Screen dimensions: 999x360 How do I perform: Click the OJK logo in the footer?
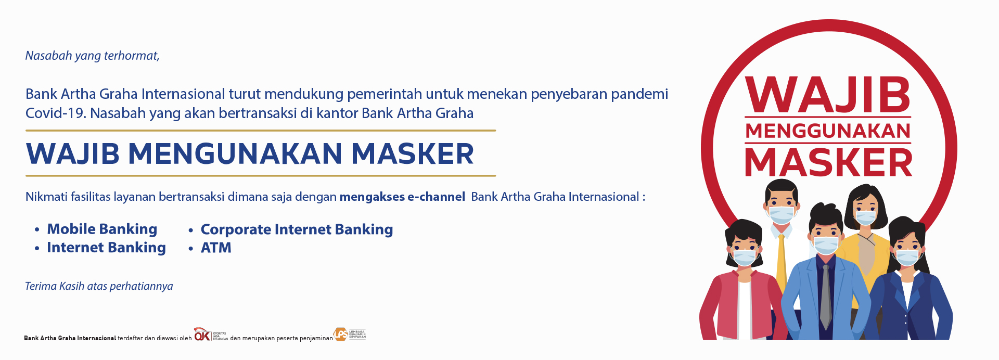211,335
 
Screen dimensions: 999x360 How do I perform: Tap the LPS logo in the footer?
350,335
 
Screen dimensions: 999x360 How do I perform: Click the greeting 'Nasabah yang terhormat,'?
93,56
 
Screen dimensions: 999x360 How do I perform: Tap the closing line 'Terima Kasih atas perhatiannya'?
99,286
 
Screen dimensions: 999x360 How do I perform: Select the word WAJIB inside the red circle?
828,95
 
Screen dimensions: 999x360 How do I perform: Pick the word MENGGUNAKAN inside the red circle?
828,131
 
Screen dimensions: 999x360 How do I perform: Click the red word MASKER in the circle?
828,162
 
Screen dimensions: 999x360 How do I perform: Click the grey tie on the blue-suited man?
826,297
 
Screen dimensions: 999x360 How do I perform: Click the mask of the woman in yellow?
866,217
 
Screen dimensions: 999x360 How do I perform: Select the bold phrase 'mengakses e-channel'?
402,197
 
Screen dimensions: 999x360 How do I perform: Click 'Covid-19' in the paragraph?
56,113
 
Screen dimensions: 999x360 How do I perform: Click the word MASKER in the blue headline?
413,153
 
